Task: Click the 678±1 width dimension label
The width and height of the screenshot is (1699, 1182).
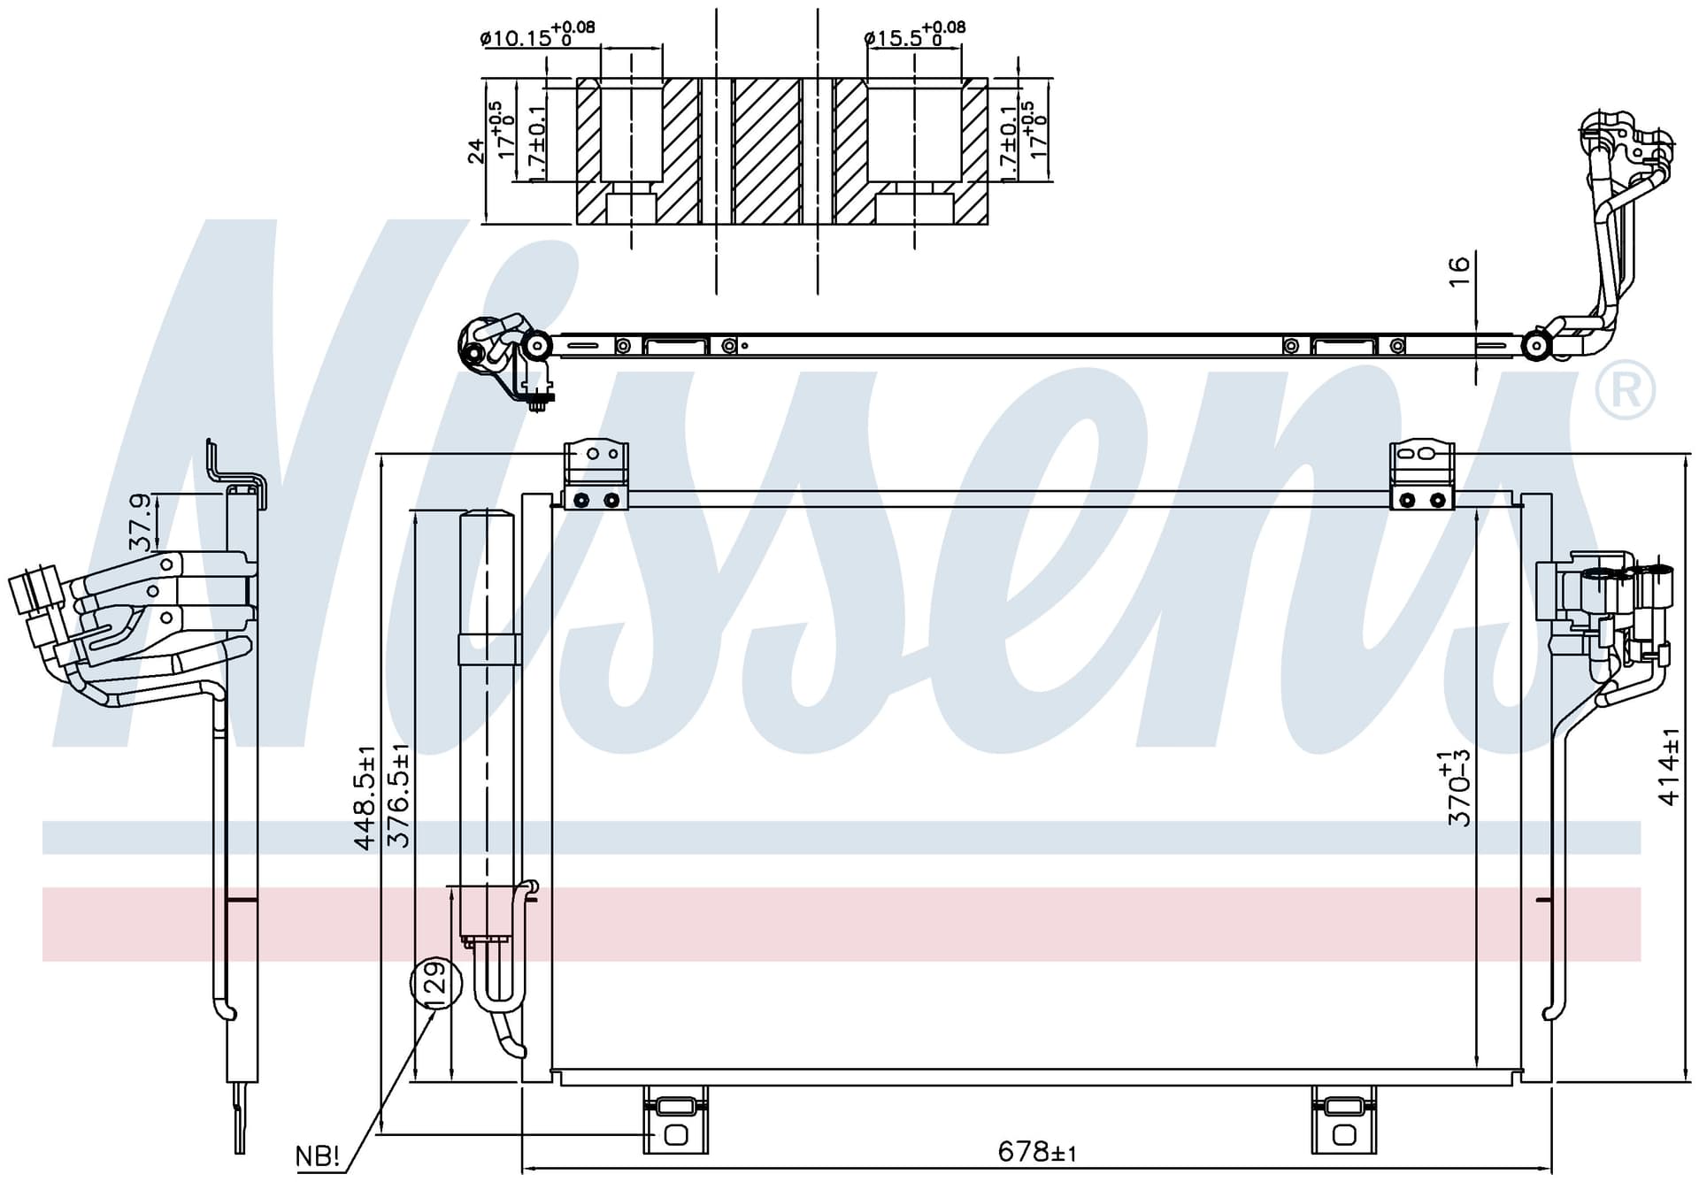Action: tap(1037, 1151)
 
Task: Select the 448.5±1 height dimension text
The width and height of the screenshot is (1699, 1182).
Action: tap(365, 798)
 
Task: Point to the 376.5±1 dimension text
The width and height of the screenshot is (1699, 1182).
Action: tap(399, 796)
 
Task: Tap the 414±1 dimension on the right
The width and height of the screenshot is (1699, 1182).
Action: tap(1669, 766)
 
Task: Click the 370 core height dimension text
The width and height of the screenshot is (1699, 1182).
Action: tap(1458, 787)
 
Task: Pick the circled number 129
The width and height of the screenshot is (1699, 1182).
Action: tap(436, 983)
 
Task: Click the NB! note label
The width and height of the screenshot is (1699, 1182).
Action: tap(318, 1155)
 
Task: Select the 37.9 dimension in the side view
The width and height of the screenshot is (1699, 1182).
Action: tap(140, 523)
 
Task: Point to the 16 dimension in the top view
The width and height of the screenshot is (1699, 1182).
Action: tap(1459, 269)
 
